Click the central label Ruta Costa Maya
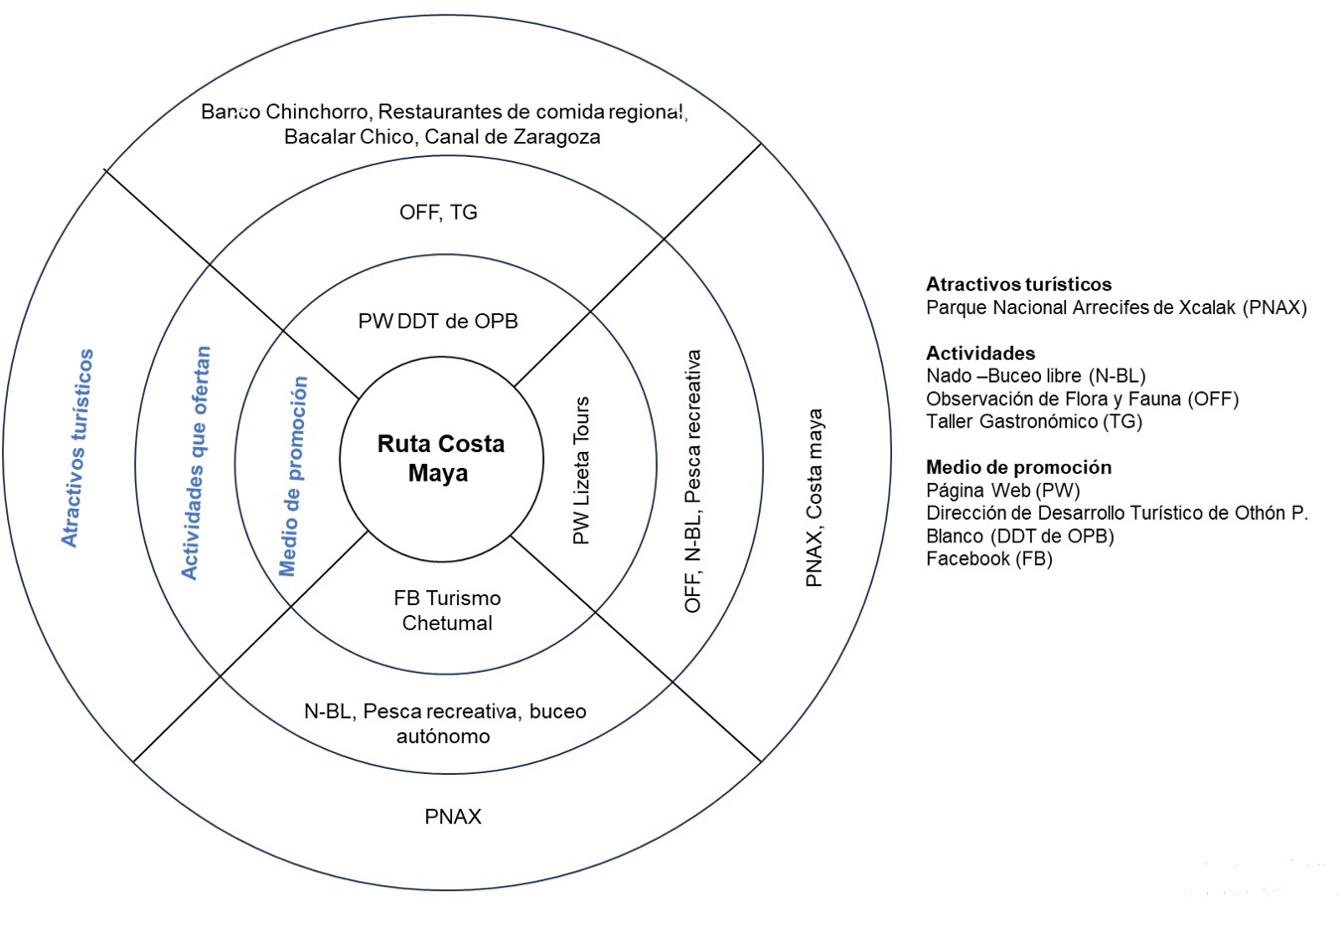441,458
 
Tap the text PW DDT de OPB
438,322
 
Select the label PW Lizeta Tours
581,470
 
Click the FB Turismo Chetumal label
447,610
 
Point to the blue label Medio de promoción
293,476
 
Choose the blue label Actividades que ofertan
196,463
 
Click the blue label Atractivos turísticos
77,448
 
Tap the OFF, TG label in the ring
438,212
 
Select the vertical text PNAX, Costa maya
815,498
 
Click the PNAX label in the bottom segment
453,817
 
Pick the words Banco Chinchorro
284,111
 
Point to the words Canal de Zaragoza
513,136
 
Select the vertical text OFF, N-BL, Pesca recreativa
692,481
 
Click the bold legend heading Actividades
980,353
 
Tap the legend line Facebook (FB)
989,558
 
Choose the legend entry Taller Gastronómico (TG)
1034,421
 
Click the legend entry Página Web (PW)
1002,491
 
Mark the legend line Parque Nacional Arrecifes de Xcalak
1081,308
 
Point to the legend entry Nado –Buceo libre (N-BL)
1036,377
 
